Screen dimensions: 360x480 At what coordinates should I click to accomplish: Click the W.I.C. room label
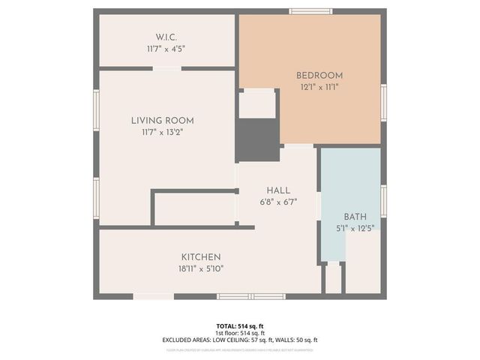166,36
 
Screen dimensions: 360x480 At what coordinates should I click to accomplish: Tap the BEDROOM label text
319,75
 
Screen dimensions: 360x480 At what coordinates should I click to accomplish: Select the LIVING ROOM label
162,120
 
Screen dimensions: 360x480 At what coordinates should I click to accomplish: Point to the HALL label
277,190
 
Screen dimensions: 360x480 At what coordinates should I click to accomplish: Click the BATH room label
355,217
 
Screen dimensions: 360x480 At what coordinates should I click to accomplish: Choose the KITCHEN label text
200,257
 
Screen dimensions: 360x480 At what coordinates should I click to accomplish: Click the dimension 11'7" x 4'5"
166,48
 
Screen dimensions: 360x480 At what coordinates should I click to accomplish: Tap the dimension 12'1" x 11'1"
319,87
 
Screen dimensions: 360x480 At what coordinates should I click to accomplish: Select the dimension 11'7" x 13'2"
162,132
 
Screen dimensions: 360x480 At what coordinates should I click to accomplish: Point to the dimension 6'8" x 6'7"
277,202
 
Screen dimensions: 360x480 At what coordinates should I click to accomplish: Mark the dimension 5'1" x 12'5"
355,228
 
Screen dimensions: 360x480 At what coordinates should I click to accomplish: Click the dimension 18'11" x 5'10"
200,268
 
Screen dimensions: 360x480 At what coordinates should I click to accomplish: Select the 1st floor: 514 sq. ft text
240,333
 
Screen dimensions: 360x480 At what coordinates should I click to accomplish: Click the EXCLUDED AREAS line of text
240,340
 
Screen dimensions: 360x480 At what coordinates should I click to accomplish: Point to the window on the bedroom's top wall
311,11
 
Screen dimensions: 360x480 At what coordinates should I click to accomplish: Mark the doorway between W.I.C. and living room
166,68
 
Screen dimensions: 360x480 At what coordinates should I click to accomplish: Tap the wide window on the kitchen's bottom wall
250,296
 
